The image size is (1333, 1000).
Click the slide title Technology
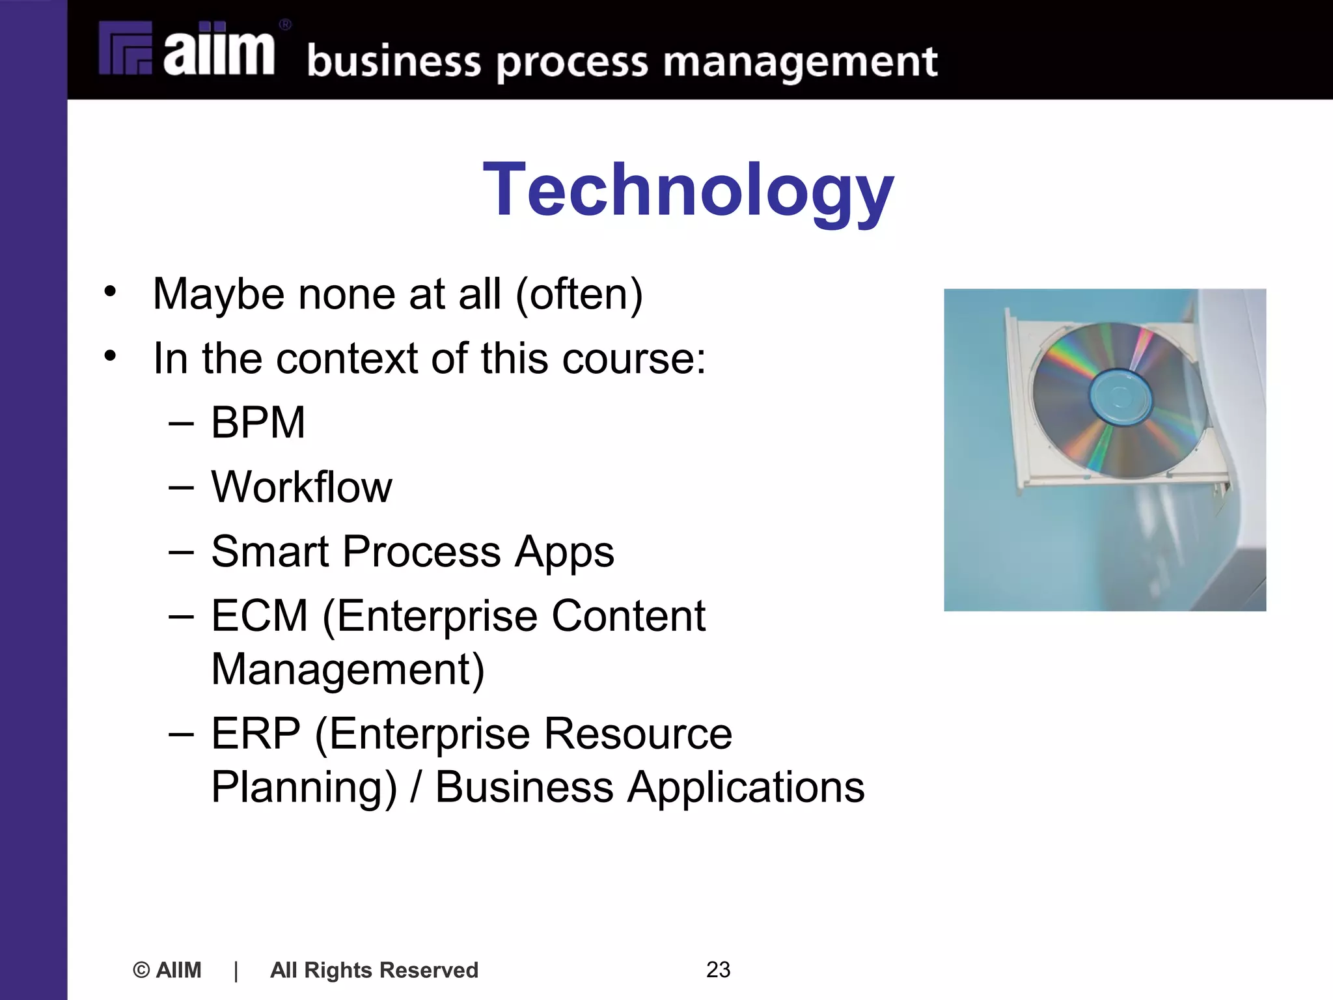688,190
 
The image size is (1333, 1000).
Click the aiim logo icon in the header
125,48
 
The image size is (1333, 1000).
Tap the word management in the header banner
800,63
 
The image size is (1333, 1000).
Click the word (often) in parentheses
579,294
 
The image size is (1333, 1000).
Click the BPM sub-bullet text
258,423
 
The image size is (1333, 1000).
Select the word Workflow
301,487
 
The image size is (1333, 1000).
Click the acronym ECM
259,616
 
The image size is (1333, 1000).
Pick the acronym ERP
256,734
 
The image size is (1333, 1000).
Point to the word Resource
637,734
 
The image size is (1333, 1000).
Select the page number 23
718,969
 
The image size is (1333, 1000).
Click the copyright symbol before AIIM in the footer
141,970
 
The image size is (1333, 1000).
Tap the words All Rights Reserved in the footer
374,970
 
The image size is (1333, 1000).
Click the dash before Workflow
181,487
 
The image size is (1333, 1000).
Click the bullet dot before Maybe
110,292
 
